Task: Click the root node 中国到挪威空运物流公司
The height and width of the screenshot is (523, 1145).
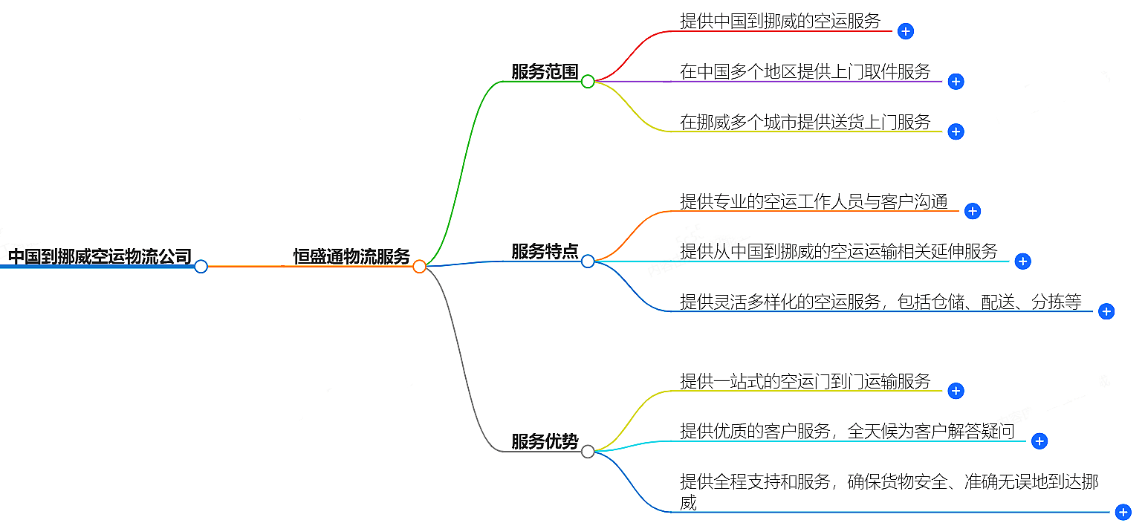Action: pos(100,257)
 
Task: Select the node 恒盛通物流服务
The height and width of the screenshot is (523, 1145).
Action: pos(351,257)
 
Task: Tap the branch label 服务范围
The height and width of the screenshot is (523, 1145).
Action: pos(545,71)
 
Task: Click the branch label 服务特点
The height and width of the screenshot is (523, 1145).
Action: pos(545,251)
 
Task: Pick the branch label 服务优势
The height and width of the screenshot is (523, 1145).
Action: pos(545,441)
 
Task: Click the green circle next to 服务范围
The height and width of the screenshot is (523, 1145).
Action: pos(588,81)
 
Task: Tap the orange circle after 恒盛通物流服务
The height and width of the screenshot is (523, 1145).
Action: pos(419,266)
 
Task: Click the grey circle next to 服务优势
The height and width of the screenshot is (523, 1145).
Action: pos(588,451)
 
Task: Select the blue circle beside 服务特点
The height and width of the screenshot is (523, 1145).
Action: pos(588,261)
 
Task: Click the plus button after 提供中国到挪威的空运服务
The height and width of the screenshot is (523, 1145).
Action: pos(906,31)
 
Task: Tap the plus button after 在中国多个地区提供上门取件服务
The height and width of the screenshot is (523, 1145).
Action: pos(956,82)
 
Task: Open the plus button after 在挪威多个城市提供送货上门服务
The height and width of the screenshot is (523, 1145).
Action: pos(956,131)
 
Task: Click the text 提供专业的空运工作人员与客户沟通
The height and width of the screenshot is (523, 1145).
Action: pos(814,201)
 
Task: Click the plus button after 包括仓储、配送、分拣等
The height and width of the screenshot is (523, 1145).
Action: pos(1106,311)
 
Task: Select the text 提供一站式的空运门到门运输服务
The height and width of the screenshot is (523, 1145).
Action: pos(805,381)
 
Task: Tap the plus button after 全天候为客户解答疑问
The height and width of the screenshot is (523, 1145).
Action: pos(1039,441)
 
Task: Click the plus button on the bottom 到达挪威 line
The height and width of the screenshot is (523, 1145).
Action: pos(1123,512)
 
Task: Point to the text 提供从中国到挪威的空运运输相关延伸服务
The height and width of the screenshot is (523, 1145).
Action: pos(839,251)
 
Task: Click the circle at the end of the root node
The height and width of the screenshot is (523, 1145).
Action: pos(201,266)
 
